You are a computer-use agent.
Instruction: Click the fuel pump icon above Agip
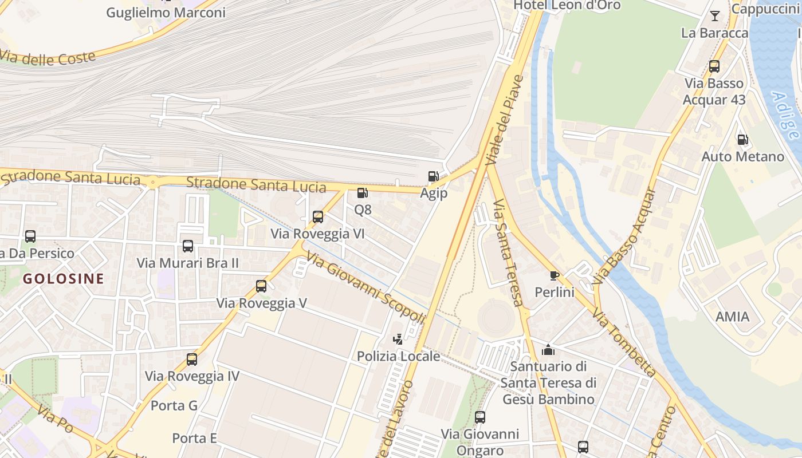point(433,176)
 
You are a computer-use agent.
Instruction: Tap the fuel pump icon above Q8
point(362,194)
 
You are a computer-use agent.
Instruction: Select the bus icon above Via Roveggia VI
point(318,217)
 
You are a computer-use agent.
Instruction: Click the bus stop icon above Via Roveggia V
point(261,286)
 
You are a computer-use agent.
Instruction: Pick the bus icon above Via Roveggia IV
point(192,360)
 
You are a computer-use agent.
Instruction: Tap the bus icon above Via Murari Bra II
point(188,246)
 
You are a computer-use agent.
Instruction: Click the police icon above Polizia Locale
point(398,339)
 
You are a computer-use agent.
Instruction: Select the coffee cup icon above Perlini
point(554,275)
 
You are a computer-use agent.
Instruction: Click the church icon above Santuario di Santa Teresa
point(548,349)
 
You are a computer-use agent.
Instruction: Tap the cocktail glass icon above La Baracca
point(715,16)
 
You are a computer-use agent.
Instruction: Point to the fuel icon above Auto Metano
point(742,139)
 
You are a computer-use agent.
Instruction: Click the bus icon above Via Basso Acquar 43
point(714,66)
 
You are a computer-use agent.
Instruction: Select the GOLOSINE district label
point(64,279)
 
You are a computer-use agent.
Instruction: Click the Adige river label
point(784,115)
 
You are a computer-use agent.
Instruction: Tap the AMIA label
point(732,317)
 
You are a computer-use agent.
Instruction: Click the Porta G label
point(174,406)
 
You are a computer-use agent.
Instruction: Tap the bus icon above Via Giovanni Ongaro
point(480,417)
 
